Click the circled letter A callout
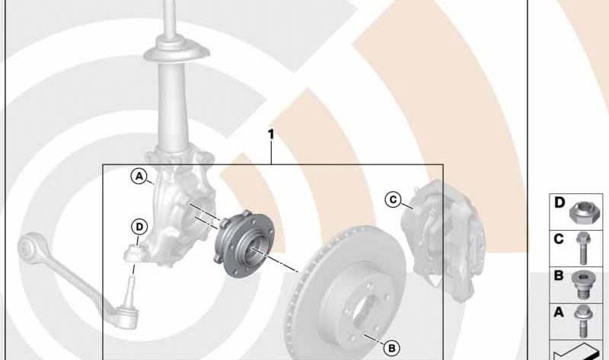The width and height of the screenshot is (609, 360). tap(139, 177)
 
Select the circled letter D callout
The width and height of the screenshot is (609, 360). tap(139, 227)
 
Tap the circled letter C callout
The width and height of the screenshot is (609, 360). tap(393, 199)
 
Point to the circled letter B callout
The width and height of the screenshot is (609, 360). tap(391, 349)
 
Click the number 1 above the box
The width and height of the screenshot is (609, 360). tap(271, 135)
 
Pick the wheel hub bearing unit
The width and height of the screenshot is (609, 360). tap(244, 244)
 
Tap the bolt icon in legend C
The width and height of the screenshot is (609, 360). tap(582, 249)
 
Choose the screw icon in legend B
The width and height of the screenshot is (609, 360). tap(582, 285)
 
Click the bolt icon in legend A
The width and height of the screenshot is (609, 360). tap(582, 321)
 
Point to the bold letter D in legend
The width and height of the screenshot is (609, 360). tap(560, 202)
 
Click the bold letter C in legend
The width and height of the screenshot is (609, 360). tap(559, 239)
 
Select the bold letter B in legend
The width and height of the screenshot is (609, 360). tap(559, 276)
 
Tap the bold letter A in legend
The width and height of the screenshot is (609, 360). tap(559, 312)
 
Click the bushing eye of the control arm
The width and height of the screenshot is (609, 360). tap(30, 245)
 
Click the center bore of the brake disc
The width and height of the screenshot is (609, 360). tap(365, 311)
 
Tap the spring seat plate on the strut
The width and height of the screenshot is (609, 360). tap(177, 53)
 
